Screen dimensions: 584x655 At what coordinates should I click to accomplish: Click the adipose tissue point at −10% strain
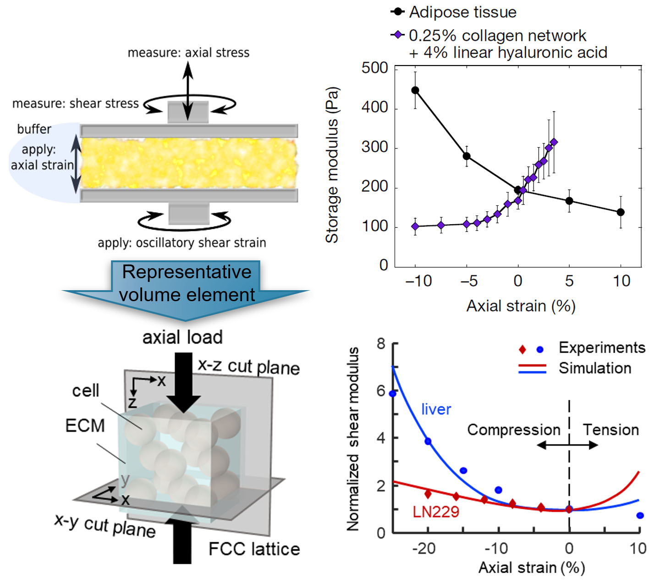[415, 90]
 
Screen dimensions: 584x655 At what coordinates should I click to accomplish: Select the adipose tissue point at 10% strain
[621, 212]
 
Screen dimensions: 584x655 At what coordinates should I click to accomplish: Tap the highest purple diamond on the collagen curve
[554, 143]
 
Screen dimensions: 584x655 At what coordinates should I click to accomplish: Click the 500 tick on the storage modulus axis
[374, 68]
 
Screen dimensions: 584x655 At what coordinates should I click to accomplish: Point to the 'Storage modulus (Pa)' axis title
[332, 165]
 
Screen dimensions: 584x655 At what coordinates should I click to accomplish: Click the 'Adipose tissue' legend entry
[462, 12]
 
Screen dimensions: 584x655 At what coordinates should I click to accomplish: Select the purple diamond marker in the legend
[397, 35]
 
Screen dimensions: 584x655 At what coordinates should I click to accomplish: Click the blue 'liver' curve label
[436, 409]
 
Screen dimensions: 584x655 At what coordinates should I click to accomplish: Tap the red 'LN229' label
[435, 512]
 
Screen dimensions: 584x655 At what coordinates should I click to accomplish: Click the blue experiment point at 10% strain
[640, 516]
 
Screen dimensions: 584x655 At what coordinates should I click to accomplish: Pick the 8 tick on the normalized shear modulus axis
[381, 344]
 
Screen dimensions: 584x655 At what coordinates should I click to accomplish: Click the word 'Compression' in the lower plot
[513, 430]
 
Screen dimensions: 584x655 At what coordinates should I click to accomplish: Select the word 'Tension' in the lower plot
[611, 430]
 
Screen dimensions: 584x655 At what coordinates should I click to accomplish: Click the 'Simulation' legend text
[594, 368]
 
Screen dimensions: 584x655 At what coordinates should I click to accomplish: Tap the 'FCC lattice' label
[254, 549]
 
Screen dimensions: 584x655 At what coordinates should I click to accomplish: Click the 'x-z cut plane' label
[248, 367]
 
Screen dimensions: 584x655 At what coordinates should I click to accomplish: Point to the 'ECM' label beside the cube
[85, 426]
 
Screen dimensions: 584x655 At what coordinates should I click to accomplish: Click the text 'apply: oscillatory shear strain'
[182, 243]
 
